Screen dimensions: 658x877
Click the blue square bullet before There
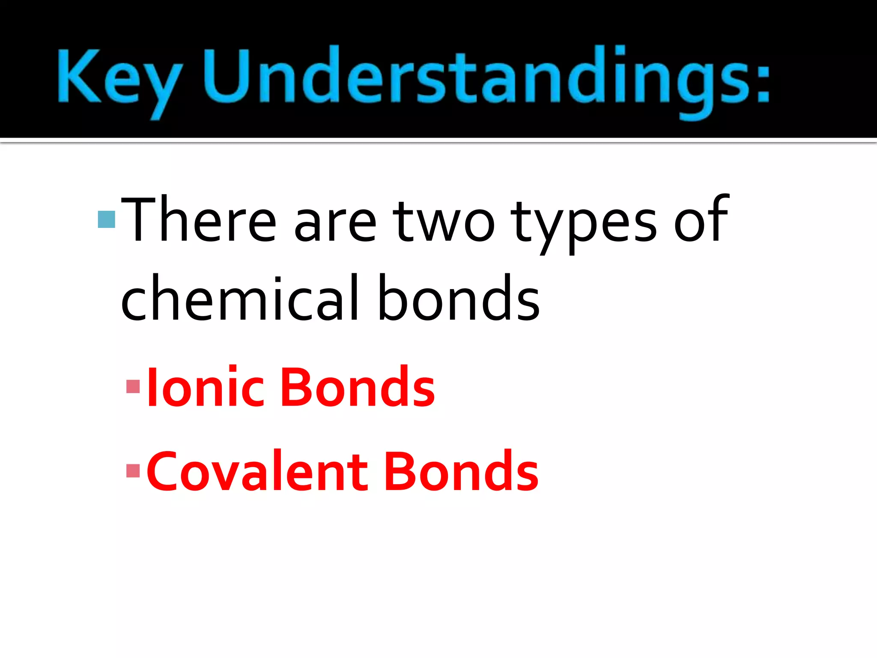[106, 219]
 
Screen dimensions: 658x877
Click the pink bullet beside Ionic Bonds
[133, 386]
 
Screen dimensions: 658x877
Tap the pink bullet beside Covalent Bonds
[133, 471]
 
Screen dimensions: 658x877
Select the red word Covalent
[257, 471]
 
